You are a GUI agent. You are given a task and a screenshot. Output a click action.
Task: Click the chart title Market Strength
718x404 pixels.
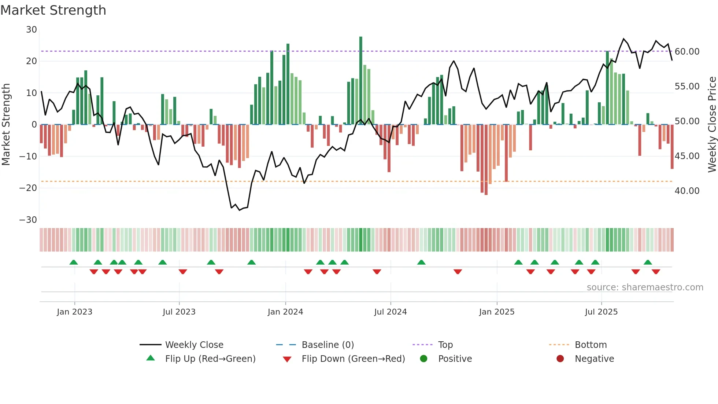[53, 10]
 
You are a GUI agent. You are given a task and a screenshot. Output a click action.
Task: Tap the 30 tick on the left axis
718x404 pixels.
[32, 30]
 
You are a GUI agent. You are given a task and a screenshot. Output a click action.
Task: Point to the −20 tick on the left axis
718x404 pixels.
[28, 188]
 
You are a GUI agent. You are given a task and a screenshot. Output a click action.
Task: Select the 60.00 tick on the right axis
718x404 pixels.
[687, 52]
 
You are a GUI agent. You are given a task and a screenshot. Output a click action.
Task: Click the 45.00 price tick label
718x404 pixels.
[687, 156]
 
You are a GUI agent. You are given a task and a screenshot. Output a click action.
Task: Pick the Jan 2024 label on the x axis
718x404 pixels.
[285, 312]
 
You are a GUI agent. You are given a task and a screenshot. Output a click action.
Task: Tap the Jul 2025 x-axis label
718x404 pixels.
[601, 312]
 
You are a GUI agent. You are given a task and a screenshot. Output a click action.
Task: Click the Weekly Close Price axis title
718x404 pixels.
[712, 125]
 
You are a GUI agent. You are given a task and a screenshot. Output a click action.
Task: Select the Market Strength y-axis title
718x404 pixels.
[6, 125]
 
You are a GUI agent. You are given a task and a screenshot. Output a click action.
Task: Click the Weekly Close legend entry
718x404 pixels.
[194, 345]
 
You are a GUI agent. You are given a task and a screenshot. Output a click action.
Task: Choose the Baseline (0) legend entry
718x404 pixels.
[327, 345]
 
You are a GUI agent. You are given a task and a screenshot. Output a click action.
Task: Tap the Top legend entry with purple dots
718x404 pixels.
[445, 345]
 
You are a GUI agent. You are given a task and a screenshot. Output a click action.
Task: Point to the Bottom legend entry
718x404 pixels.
[591, 345]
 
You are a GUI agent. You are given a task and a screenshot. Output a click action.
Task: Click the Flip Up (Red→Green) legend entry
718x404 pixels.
[210, 359]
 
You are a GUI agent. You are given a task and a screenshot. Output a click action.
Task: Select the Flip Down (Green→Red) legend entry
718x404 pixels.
[353, 359]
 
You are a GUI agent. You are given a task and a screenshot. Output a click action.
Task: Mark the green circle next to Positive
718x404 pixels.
[424, 359]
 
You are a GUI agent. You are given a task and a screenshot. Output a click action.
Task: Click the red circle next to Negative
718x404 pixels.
[560, 359]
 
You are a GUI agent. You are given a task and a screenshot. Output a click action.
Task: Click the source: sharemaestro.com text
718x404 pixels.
[645, 287]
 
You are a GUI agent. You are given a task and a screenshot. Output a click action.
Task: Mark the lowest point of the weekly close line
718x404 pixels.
[240, 210]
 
